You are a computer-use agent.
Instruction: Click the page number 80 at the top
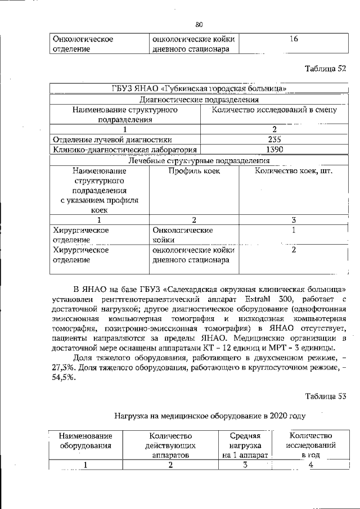199,24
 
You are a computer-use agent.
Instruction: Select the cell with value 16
294,39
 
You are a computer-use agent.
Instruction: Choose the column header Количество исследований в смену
274,110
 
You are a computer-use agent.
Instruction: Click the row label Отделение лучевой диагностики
112,139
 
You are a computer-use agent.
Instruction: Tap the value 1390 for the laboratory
274,150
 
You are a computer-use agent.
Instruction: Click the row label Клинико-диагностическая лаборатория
124,150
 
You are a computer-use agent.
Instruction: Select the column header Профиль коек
194,171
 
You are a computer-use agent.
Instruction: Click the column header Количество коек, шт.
294,171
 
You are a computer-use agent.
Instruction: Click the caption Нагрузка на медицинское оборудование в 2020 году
210,417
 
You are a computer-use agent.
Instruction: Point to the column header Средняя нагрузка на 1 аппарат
245,445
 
